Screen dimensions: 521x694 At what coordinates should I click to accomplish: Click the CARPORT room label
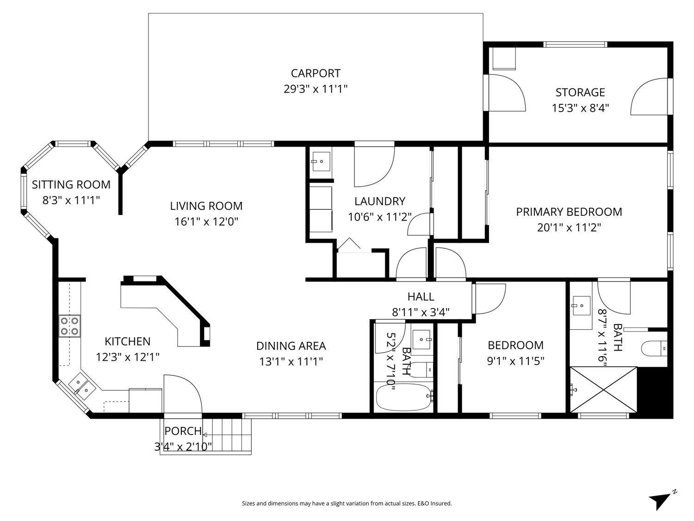pos(316,73)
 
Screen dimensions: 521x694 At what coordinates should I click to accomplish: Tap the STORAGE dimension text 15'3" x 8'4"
pos(580,108)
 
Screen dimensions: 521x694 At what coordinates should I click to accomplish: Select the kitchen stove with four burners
pos(69,326)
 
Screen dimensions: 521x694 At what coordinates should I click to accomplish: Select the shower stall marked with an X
pos(603,389)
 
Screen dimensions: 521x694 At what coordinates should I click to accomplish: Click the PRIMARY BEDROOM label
pos(569,212)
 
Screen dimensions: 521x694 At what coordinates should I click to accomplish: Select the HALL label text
pos(421,296)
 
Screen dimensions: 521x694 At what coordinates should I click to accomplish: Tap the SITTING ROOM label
pos(71,185)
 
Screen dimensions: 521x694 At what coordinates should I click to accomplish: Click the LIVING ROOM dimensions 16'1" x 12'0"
pos(206,221)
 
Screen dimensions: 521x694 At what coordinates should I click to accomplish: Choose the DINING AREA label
pos(291,346)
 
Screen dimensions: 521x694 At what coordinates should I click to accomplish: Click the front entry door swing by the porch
pos(182,394)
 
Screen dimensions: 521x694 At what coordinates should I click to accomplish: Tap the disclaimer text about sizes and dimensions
pos(347,503)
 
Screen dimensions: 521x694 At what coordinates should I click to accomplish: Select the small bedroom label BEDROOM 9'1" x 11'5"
pos(515,352)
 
